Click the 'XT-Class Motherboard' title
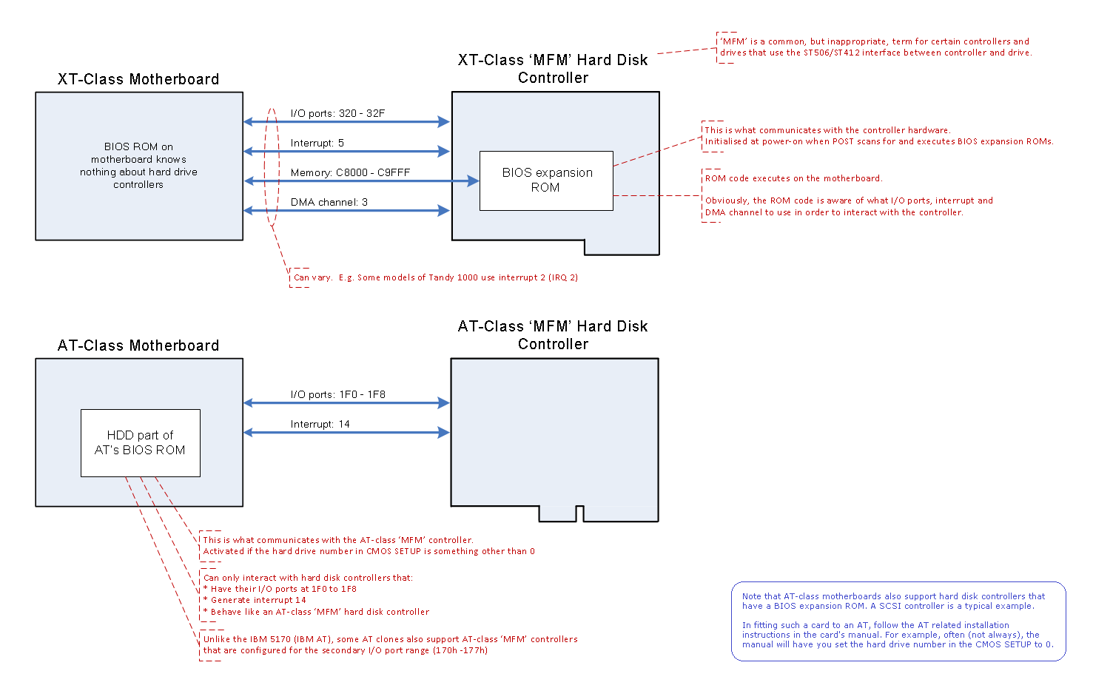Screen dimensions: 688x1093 coord(138,79)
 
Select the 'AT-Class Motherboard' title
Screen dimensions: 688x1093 coord(138,345)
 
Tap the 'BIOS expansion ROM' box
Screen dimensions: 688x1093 coord(546,181)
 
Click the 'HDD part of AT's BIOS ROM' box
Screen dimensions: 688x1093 coord(140,442)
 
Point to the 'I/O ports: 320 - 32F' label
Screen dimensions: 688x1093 coord(337,113)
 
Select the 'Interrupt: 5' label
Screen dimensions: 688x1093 coord(317,143)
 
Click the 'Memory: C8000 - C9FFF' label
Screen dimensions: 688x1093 coord(350,172)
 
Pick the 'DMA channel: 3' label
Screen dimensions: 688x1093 coord(329,202)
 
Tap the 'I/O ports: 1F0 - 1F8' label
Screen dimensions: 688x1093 coord(337,394)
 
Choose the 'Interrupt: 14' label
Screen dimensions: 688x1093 coord(320,424)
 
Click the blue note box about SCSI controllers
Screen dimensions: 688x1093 coord(898,621)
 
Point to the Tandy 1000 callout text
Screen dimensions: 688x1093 coord(435,277)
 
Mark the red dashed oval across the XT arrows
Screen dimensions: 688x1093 coord(272,166)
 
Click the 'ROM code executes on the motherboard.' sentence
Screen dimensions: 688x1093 coord(793,178)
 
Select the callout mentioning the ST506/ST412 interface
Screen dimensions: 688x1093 coord(874,47)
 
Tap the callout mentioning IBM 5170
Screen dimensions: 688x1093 coord(390,644)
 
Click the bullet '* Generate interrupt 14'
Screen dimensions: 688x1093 coord(255,600)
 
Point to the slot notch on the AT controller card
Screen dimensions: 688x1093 coord(579,513)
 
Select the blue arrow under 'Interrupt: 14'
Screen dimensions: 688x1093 coord(346,433)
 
